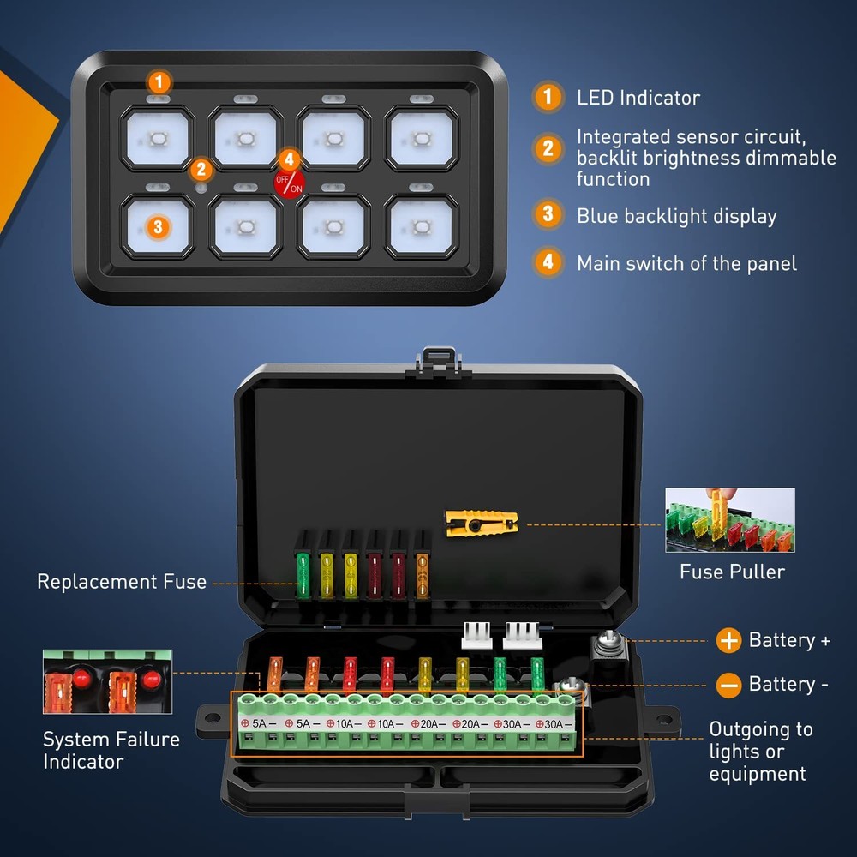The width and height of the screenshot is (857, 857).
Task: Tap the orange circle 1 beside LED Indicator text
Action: [x=548, y=97]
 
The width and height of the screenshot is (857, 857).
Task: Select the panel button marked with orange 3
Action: [x=157, y=226]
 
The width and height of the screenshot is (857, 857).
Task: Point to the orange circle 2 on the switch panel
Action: [x=201, y=170]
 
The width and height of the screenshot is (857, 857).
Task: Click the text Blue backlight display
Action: [x=676, y=216]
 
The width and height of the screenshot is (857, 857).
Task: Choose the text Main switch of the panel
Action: [x=686, y=263]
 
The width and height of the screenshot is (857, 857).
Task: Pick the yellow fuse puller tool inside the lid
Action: [x=482, y=520]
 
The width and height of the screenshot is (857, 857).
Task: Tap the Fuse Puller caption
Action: [x=732, y=572]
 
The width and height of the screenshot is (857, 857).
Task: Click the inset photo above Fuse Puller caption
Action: [x=730, y=520]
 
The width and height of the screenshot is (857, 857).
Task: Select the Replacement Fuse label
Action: [x=122, y=582]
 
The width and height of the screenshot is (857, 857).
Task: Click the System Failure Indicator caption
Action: [x=111, y=750]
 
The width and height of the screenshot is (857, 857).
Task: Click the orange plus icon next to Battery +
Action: [x=728, y=640]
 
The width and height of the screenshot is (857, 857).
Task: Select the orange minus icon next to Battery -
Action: [x=728, y=684]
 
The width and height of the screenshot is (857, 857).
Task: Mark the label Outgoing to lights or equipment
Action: [x=759, y=752]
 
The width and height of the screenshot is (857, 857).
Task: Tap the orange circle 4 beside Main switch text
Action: [x=548, y=262]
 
